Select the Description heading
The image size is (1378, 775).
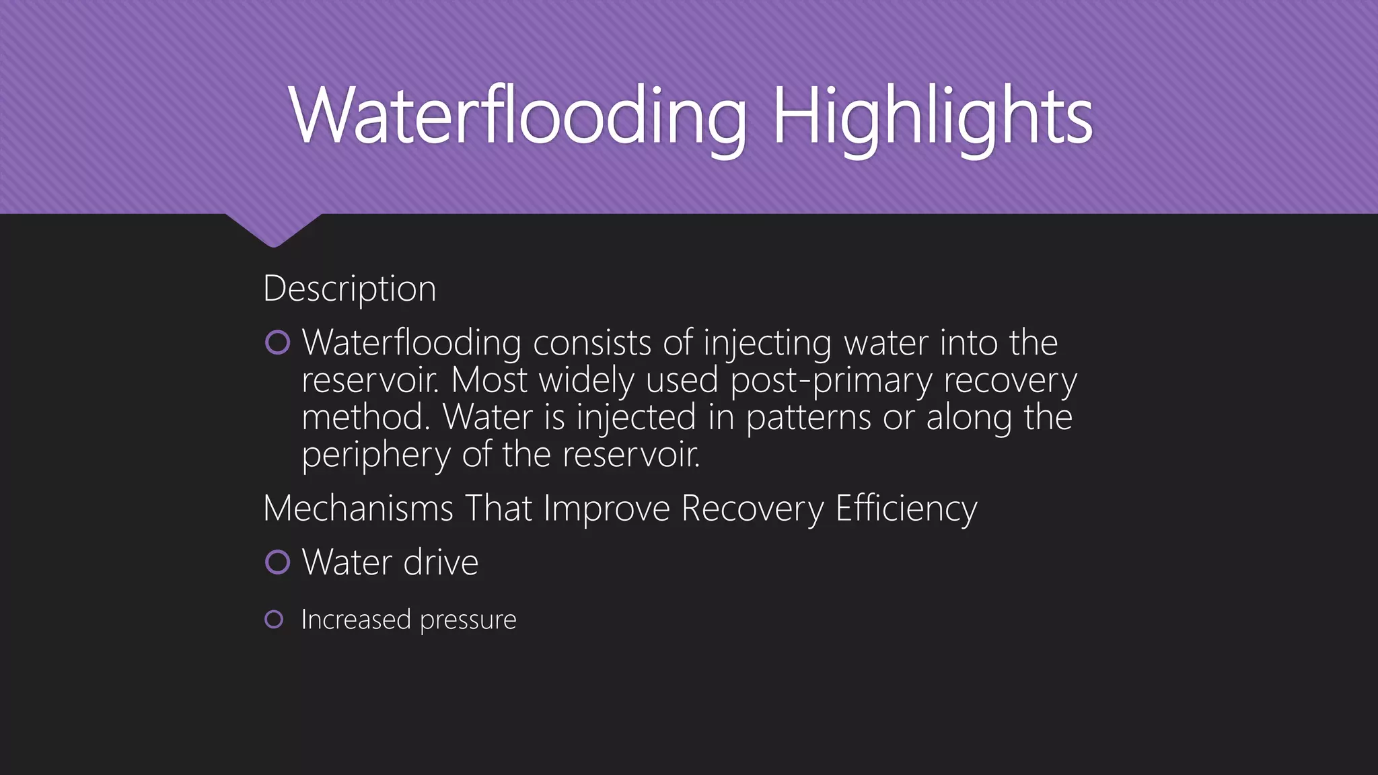pyautogui.click(x=350, y=289)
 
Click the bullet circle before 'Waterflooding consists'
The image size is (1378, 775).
pyautogui.click(x=277, y=343)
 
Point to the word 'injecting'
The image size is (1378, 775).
pyautogui.click(x=767, y=344)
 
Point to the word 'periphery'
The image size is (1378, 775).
pyautogui.click(x=375, y=455)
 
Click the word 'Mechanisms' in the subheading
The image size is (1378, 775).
pyautogui.click(x=358, y=508)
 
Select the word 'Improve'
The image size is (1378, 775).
pyautogui.click(x=606, y=508)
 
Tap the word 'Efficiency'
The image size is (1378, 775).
pyautogui.click(x=906, y=509)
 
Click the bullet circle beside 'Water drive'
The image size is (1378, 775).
pyautogui.click(x=277, y=562)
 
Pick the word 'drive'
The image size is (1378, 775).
pyautogui.click(x=441, y=562)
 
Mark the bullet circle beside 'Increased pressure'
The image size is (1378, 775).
pyautogui.click(x=274, y=619)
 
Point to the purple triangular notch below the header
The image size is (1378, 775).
pyautogui.click(x=273, y=229)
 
